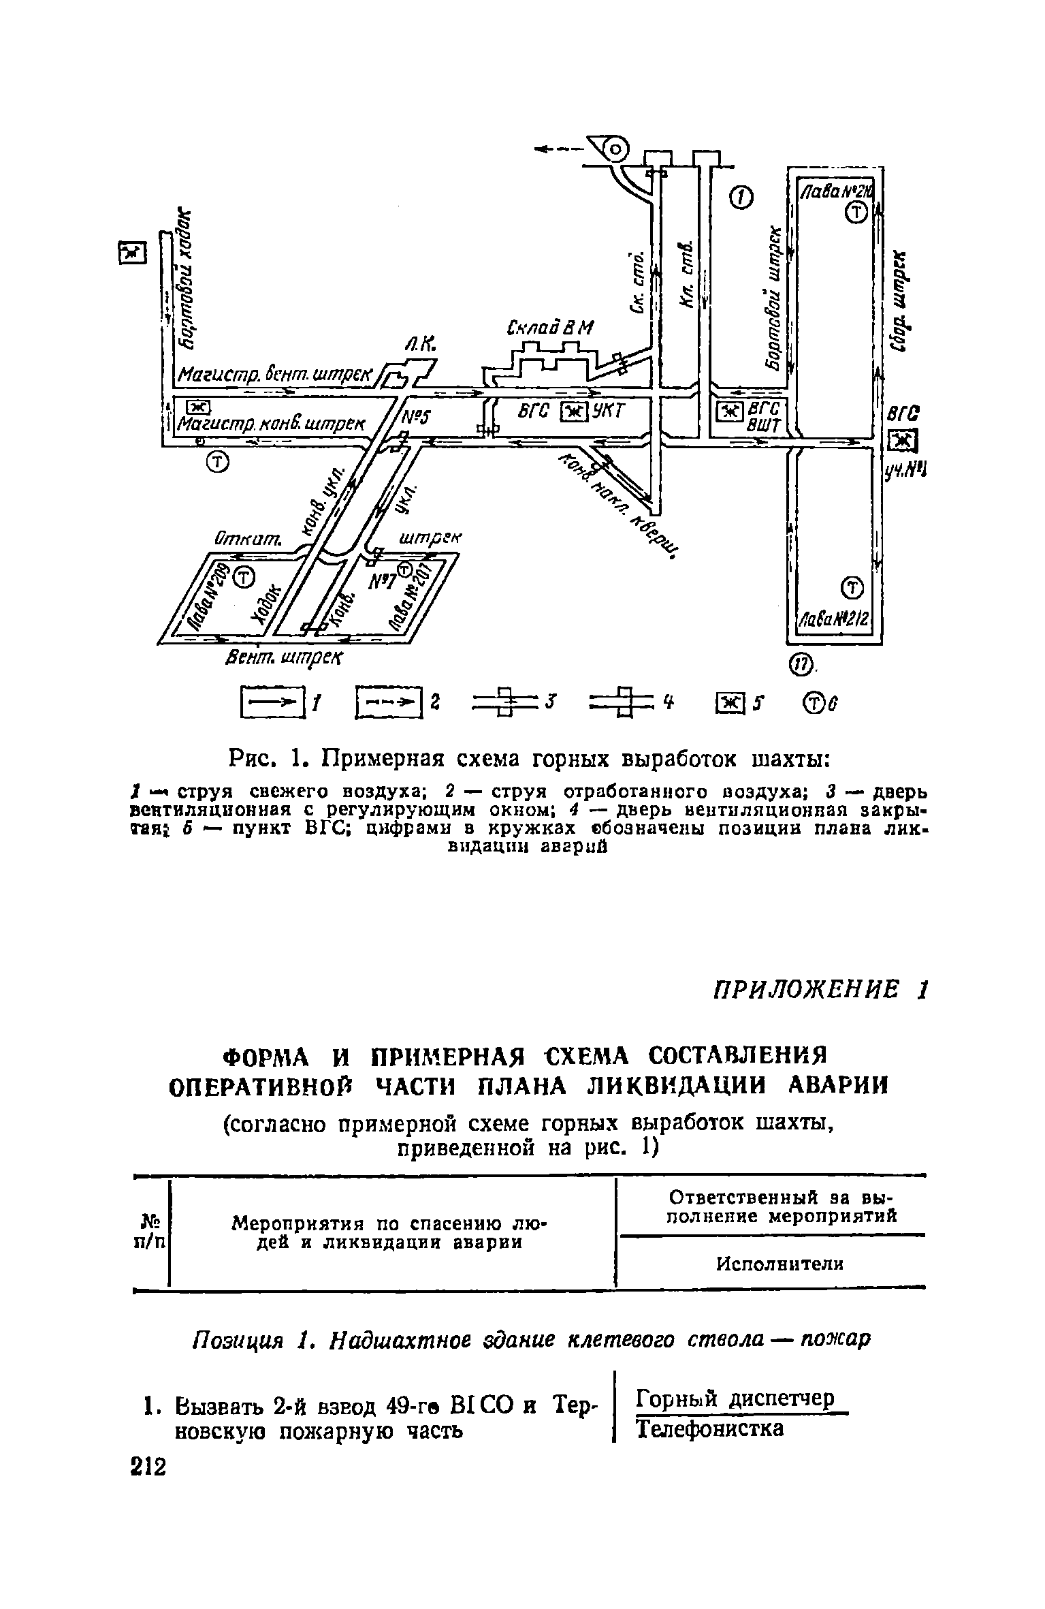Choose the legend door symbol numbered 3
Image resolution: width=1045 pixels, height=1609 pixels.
tap(504, 702)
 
